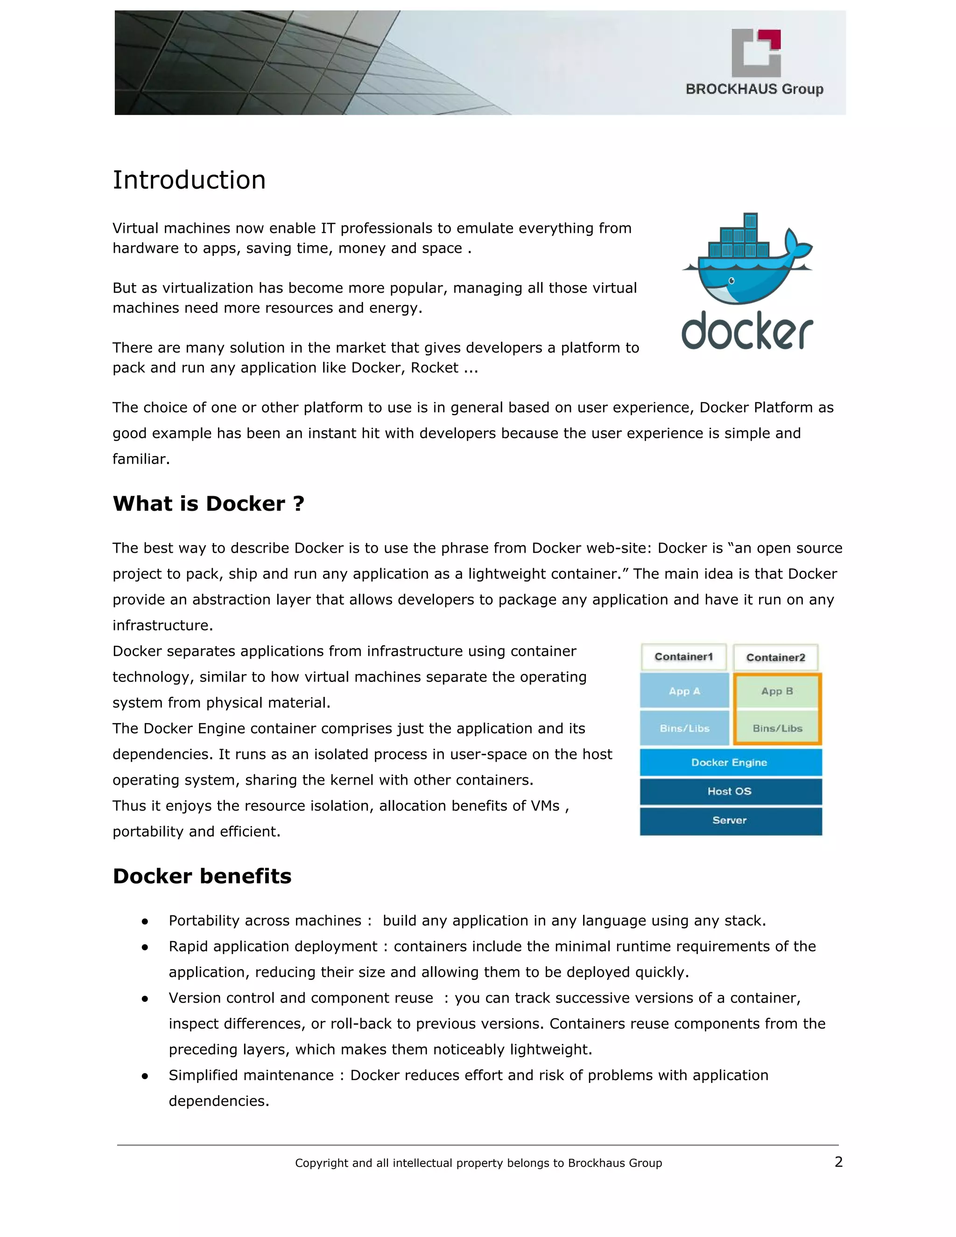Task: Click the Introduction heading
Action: point(189,180)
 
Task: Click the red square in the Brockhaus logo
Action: point(771,39)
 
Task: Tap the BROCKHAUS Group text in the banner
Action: point(754,89)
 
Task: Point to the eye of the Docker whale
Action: point(731,281)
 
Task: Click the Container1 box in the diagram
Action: point(683,657)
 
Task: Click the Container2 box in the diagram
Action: point(775,658)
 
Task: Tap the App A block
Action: point(684,691)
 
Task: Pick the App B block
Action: point(777,691)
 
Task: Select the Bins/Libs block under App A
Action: point(684,728)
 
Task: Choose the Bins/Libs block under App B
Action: point(777,728)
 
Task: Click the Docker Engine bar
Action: point(730,762)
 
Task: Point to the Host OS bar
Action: point(730,791)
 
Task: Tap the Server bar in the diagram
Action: point(730,820)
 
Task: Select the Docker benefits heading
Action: point(202,876)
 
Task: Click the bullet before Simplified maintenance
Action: point(145,1075)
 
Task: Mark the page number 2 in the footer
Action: point(838,1162)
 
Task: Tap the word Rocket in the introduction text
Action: point(435,367)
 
